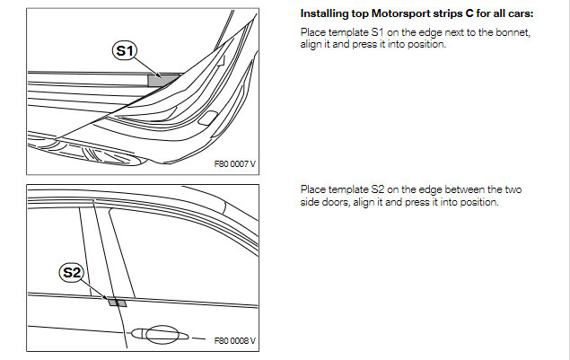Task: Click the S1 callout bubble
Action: (x=125, y=50)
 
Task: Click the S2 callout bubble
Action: (x=71, y=272)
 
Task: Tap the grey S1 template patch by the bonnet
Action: (x=162, y=81)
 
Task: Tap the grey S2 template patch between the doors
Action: (x=117, y=302)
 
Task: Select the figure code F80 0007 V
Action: (x=235, y=164)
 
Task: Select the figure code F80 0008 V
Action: (x=235, y=341)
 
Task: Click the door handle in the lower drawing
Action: (x=161, y=334)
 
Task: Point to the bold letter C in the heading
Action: (x=469, y=13)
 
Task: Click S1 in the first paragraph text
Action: (x=377, y=32)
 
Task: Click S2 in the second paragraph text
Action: (x=377, y=189)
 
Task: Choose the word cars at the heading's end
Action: (x=522, y=14)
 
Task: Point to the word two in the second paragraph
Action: (x=513, y=190)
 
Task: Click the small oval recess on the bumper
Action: (x=207, y=119)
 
